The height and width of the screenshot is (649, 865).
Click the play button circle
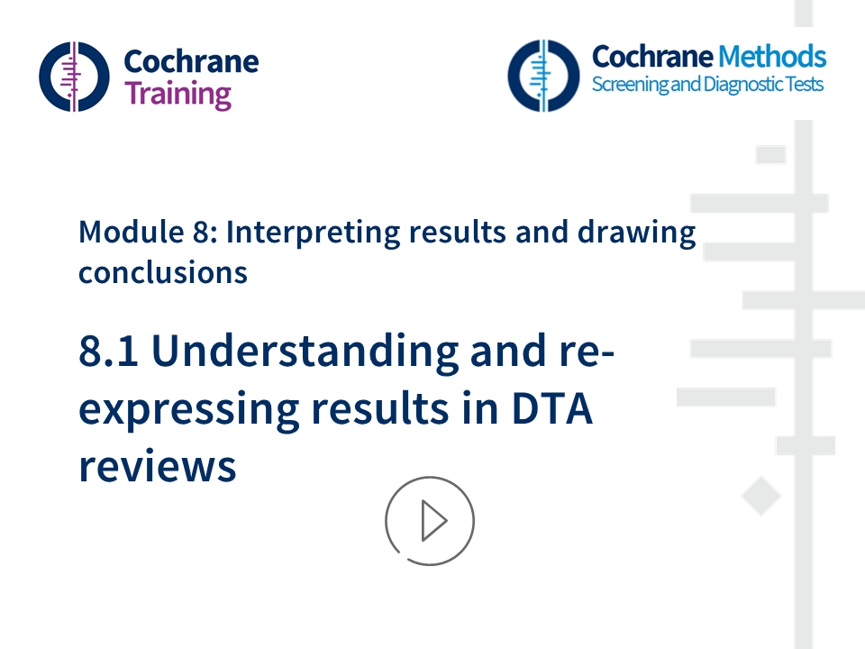tap(430, 521)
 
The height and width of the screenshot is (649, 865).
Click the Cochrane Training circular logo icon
tap(74, 77)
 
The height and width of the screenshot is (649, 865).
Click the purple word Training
tap(178, 94)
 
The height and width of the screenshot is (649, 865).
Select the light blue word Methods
tap(771, 57)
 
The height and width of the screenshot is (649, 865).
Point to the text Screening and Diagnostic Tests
tap(706, 86)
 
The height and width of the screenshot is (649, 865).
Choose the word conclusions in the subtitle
tap(163, 271)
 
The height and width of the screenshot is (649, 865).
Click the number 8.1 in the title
tap(108, 352)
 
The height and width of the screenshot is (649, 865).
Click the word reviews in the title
tap(157, 466)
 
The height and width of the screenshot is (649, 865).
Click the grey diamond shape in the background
tap(760, 497)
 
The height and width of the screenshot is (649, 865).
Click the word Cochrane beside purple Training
tap(191, 61)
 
